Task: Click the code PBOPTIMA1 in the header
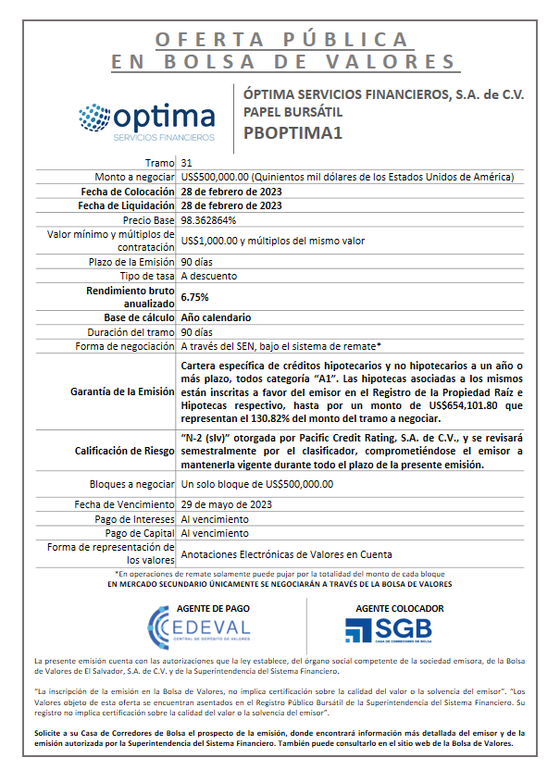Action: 293,132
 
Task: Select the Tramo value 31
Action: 187,162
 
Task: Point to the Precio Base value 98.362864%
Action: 208,220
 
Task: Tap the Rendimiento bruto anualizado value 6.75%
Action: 194,297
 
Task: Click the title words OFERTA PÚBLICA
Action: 283,40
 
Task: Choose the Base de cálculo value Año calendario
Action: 216,317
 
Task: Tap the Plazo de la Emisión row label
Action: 130,262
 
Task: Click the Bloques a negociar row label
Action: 131,484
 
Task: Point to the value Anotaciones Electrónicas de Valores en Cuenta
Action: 286,554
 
